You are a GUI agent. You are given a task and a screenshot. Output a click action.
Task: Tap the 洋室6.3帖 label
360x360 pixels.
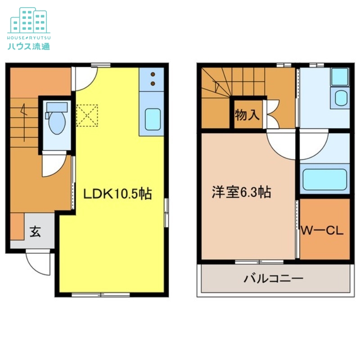(x=241, y=193)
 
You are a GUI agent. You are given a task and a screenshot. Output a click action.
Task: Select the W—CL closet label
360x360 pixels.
(x=322, y=231)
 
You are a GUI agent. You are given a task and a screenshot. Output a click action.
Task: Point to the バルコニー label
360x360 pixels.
(x=274, y=278)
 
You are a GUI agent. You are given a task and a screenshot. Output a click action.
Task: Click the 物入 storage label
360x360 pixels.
(x=247, y=115)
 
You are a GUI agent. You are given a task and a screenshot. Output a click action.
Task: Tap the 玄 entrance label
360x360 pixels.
(x=36, y=232)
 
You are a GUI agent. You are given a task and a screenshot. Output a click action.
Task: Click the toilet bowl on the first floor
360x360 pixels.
(x=57, y=123)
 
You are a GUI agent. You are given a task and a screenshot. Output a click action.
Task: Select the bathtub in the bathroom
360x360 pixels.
(x=324, y=179)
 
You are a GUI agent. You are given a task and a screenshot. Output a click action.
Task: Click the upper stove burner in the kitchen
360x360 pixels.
(x=153, y=74)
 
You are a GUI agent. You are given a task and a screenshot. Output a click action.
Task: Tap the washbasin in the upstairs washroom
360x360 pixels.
(x=341, y=98)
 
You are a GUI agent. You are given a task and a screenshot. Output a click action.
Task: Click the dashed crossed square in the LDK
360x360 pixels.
(x=87, y=115)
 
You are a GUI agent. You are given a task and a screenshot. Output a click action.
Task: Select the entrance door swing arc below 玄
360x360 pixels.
(x=38, y=264)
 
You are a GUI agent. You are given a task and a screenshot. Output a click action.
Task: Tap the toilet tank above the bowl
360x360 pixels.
(x=57, y=107)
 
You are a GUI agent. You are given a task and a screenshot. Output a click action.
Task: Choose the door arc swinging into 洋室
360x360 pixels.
(x=281, y=145)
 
